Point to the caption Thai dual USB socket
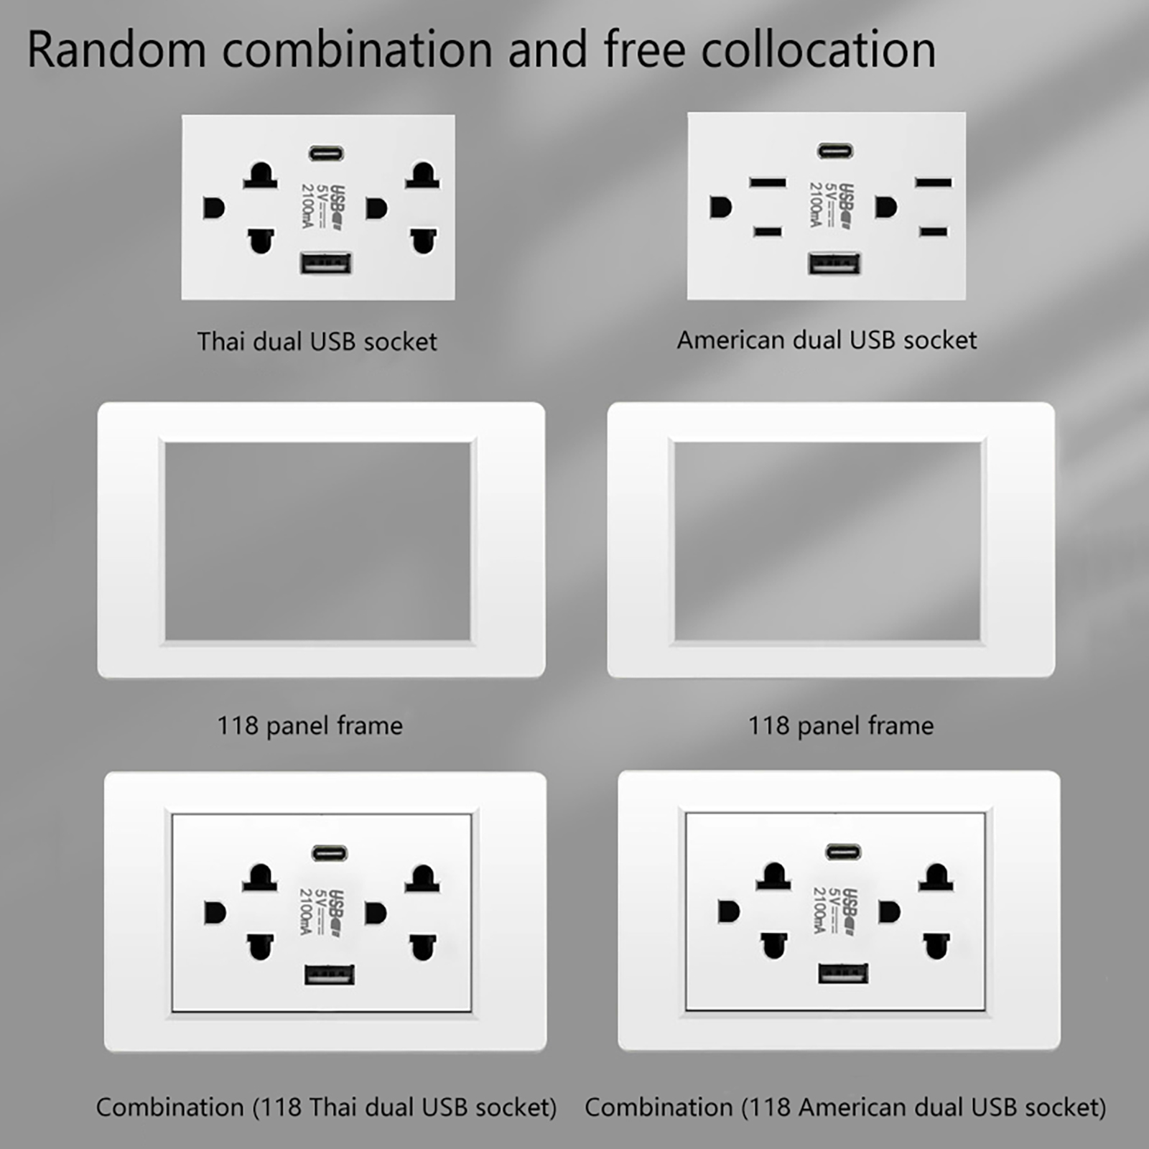coord(317,342)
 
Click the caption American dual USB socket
coord(827,340)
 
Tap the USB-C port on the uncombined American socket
coord(836,151)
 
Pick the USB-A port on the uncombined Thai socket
coord(326,264)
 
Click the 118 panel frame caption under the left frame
coord(310,725)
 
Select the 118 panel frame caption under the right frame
coord(841,725)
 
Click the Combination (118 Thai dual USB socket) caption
coord(327,1107)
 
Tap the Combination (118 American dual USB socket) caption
coord(845,1107)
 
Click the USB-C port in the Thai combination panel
coord(330,853)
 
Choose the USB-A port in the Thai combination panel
coord(330,974)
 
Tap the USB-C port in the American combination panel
coord(843,852)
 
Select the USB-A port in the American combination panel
coord(843,973)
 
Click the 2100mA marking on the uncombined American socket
coord(816,205)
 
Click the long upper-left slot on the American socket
coord(768,182)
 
